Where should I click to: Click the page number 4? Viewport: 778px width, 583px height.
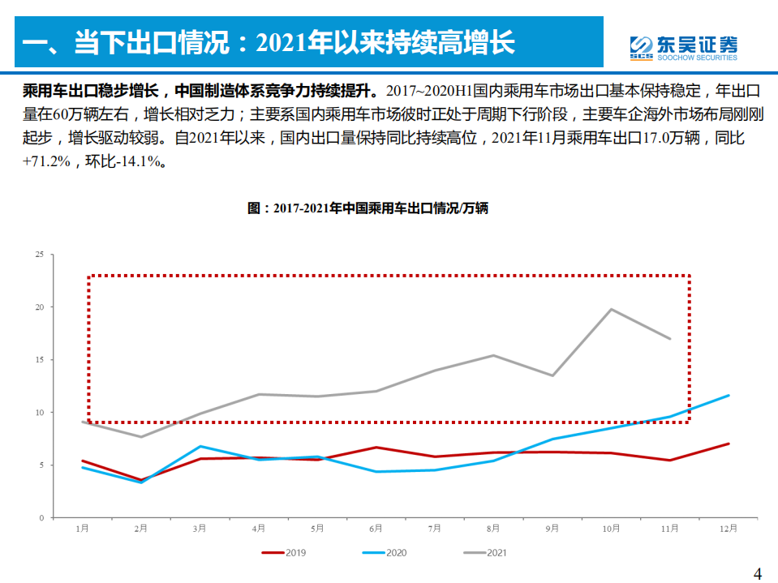(x=758, y=573)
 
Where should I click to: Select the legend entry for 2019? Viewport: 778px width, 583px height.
(x=284, y=553)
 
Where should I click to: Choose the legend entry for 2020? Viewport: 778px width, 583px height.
(x=385, y=553)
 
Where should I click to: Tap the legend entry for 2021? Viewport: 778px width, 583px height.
(x=486, y=553)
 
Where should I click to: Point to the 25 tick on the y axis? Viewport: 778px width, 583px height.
(x=39, y=255)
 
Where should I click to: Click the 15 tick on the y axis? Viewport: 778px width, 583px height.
(x=39, y=360)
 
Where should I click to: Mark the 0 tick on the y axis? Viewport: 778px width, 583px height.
(x=41, y=517)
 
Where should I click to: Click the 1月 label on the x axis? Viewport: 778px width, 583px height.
(x=82, y=529)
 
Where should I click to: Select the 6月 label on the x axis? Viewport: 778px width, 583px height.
(x=376, y=529)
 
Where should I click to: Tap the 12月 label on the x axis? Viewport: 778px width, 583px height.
(x=728, y=529)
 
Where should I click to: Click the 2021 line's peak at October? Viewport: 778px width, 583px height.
(x=611, y=309)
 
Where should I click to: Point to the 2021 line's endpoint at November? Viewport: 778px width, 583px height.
(x=670, y=338)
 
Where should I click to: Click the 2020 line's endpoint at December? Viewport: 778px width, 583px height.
(x=729, y=396)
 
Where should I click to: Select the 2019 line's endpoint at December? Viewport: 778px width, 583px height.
(x=729, y=444)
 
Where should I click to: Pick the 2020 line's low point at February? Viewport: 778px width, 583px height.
(x=141, y=482)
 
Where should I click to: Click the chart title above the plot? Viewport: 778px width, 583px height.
(x=368, y=208)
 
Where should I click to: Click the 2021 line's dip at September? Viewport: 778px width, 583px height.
(x=552, y=375)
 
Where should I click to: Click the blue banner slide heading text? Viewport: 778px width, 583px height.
(x=268, y=41)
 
